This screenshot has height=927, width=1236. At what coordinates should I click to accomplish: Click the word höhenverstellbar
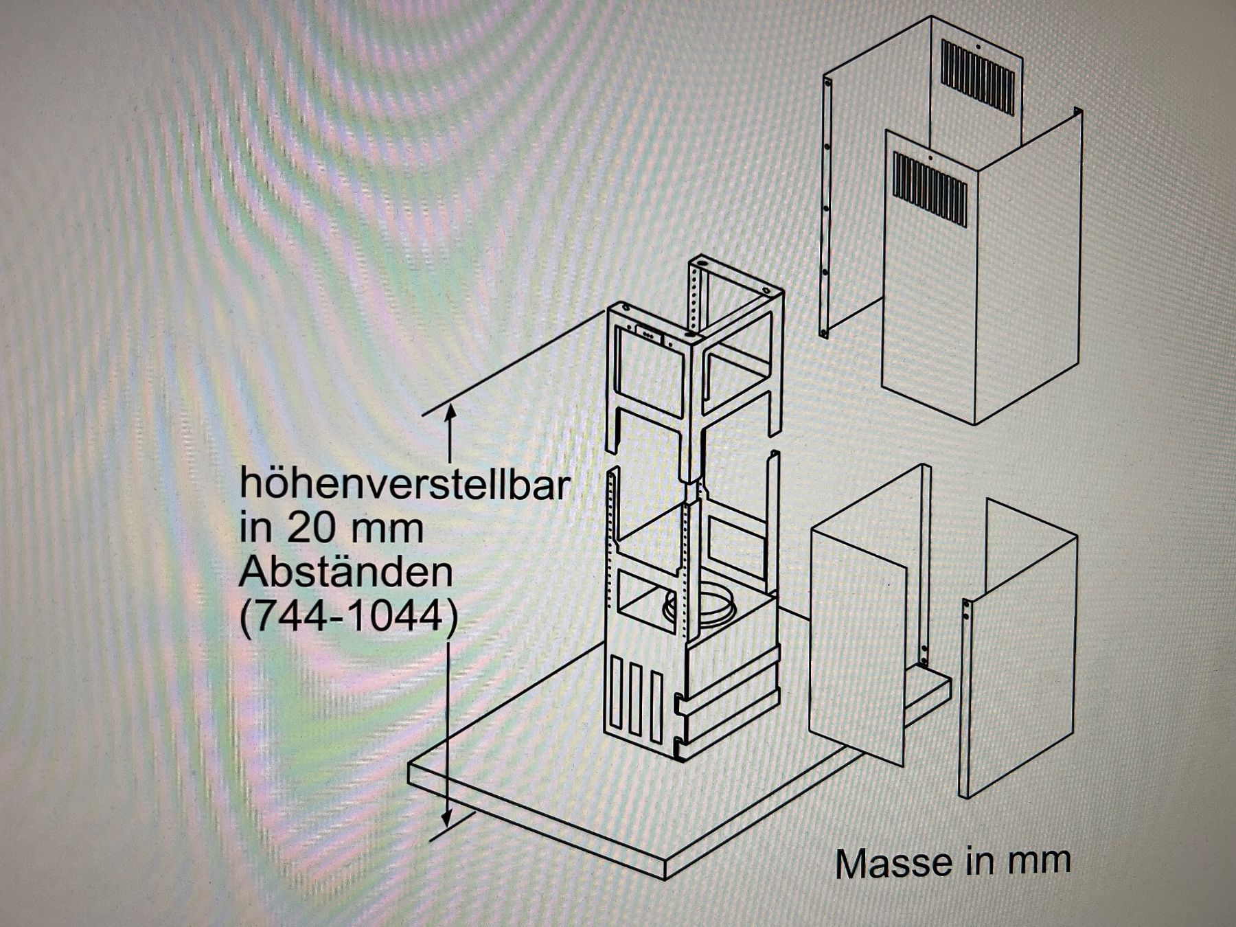pos(404,484)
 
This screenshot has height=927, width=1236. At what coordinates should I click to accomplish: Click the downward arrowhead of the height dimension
pos(447,817)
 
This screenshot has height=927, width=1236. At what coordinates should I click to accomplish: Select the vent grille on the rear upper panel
pos(976,77)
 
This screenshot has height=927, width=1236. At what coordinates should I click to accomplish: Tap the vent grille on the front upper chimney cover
pos(930,187)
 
